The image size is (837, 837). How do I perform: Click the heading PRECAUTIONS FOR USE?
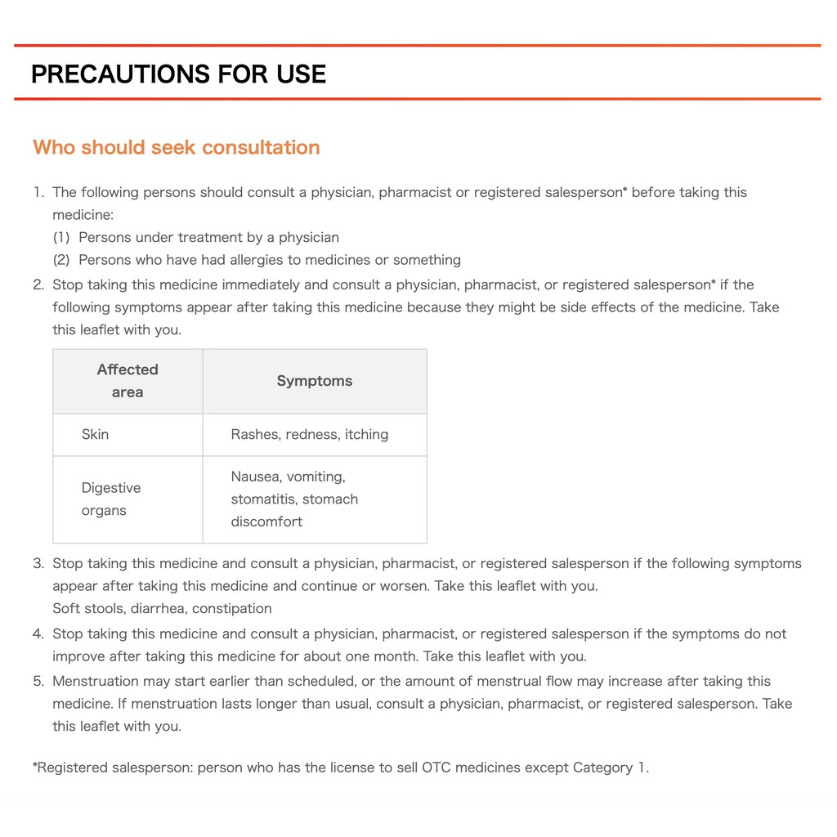coord(178,74)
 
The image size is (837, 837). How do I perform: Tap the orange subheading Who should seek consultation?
coord(177,147)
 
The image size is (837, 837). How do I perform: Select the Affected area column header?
coord(128,381)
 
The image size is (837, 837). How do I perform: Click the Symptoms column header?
coord(315,381)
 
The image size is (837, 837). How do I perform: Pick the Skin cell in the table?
coord(95,434)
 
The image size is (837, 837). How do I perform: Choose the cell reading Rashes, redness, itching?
coord(310,434)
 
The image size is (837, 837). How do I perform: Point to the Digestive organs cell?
coord(111,499)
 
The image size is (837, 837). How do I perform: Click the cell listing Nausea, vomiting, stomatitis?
coord(294,499)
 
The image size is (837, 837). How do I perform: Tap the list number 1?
coord(38,193)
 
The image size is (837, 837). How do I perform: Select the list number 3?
coord(38,564)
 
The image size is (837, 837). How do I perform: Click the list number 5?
coord(38,682)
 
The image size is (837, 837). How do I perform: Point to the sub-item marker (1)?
coord(62,238)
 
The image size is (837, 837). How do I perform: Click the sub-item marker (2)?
coord(62,260)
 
